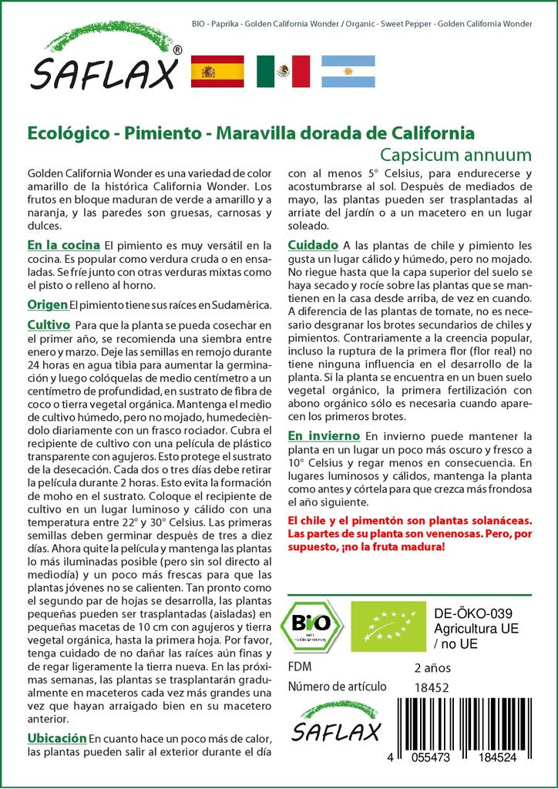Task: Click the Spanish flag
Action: [217, 71]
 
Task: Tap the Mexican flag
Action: [283, 71]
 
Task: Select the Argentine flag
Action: [348, 71]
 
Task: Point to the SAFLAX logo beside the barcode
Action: [334, 721]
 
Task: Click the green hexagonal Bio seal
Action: [311, 626]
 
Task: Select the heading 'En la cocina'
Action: [63, 245]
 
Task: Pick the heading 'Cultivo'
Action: [49, 324]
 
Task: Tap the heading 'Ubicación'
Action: [56, 737]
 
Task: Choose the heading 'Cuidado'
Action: [312, 245]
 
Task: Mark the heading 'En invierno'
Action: [324, 435]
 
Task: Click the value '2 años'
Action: [432, 667]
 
